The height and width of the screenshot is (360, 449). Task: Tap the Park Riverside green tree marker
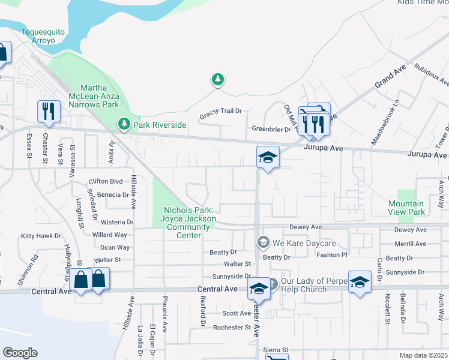pyautogui.click(x=124, y=124)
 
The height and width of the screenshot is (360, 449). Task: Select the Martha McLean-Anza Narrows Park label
pyautogui.click(x=86, y=96)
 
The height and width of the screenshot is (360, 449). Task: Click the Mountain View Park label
pyautogui.click(x=406, y=208)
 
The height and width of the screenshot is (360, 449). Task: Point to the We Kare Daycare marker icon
pyautogui.click(x=262, y=242)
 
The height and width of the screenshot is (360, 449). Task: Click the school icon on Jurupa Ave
pyautogui.click(x=268, y=157)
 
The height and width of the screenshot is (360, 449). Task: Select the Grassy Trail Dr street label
pyautogui.click(x=221, y=111)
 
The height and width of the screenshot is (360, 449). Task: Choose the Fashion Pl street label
pyautogui.click(x=332, y=254)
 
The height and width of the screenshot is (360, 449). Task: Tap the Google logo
pyautogui.click(x=20, y=353)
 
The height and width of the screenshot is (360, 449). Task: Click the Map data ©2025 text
pyautogui.click(x=423, y=355)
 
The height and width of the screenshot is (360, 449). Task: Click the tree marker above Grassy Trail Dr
pyautogui.click(x=217, y=79)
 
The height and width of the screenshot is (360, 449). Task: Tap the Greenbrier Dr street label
pyautogui.click(x=271, y=129)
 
